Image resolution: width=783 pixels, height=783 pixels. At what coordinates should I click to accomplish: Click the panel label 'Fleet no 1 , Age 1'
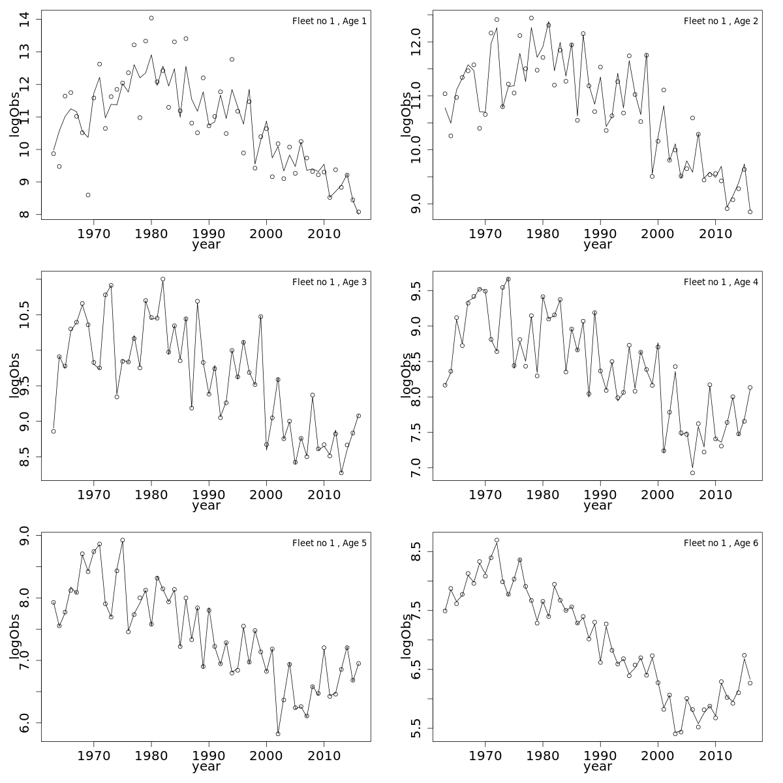(x=329, y=21)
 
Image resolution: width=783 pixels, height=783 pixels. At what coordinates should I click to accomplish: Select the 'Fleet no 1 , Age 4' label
(x=720, y=282)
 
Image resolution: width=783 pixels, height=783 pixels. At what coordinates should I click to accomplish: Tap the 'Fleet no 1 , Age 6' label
(x=720, y=543)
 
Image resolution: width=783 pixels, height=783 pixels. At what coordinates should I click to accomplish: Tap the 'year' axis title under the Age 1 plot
(x=206, y=245)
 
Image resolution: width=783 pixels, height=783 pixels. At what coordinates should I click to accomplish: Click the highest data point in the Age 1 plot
(x=151, y=18)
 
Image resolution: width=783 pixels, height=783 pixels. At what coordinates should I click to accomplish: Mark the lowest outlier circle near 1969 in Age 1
(x=88, y=195)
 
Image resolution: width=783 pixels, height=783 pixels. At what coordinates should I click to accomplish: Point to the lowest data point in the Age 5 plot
(x=278, y=734)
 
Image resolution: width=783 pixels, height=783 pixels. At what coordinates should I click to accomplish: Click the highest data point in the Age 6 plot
(x=497, y=540)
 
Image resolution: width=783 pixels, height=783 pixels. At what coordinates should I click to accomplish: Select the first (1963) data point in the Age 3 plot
(x=54, y=431)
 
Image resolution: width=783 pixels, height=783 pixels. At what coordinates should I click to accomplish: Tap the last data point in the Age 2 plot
(x=750, y=212)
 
